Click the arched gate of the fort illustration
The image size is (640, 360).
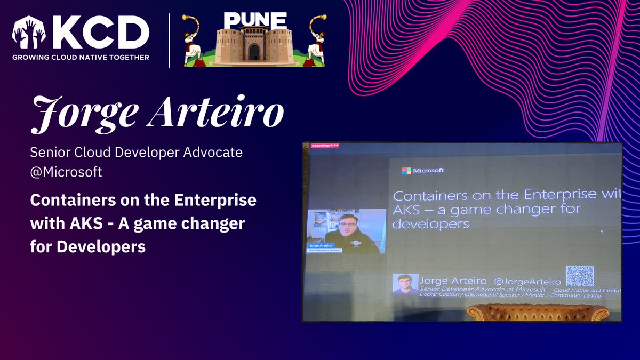click(x=254, y=52)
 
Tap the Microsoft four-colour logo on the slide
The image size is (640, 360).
click(x=406, y=171)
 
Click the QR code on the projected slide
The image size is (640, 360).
click(x=580, y=276)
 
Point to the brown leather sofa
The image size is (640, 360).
click(x=537, y=313)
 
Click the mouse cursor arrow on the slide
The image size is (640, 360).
click(x=601, y=231)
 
